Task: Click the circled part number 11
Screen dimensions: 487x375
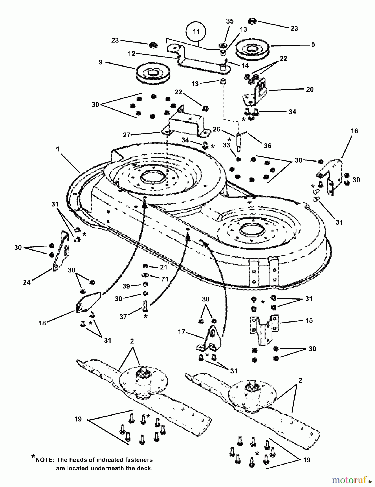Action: [x=196, y=32]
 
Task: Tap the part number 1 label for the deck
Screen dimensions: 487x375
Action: [x=58, y=149]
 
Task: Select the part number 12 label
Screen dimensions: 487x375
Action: [x=132, y=54]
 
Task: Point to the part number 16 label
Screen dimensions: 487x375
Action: [x=354, y=131]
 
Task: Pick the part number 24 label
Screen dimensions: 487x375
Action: [x=27, y=282]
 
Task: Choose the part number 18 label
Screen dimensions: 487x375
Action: [x=42, y=323]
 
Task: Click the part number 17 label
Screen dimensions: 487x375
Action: [x=182, y=332]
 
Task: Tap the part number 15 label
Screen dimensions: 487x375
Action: [x=309, y=320]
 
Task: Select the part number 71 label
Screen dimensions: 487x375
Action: [x=165, y=279]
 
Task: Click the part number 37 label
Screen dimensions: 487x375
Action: [x=123, y=317]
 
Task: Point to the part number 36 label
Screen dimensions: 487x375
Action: [x=267, y=146]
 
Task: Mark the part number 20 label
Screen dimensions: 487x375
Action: [x=310, y=90]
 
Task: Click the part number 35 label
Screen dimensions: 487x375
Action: [x=230, y=21]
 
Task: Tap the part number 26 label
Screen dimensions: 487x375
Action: [x=216, y=129]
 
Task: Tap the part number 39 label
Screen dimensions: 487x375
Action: [x=126, y=286]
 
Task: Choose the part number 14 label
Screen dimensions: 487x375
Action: [x=245, y=66]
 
